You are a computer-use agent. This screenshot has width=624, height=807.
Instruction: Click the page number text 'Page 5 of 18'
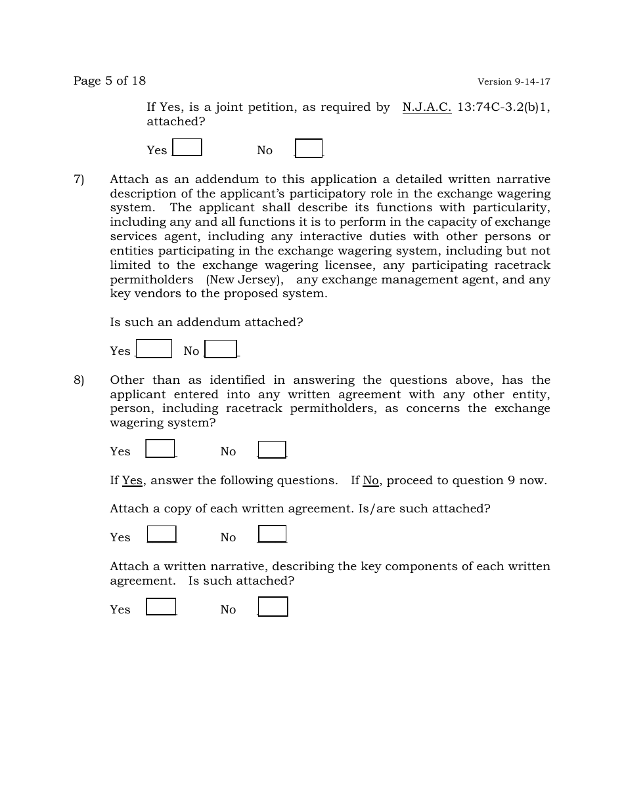click(110, 81)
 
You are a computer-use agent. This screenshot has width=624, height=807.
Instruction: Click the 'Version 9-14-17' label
click(514, 82)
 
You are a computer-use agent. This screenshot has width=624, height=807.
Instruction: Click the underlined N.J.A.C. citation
click(427, 107)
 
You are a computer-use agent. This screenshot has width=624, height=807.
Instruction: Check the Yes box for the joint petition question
click(187, 148)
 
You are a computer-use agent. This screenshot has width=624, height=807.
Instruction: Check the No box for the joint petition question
click(309, 148)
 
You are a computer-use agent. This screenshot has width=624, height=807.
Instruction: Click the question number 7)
click(79, 180)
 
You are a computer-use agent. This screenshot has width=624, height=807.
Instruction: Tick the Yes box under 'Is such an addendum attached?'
click(154, 348)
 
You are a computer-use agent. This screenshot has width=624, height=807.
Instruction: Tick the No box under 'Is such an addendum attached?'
click(221, 349)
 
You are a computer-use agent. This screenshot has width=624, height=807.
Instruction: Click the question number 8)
click(79, 381)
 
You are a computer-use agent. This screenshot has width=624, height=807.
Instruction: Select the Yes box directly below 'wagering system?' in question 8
click(160, 449)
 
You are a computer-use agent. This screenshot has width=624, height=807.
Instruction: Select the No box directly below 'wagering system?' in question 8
click(272, 449)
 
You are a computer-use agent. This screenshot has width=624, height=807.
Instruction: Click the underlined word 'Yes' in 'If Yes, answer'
click(132, 481)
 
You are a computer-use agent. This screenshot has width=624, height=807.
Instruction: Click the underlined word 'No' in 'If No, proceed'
click(370, 481)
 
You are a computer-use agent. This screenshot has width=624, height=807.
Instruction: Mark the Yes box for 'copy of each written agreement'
click(162, 534)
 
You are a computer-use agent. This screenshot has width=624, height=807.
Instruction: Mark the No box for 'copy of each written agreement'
click(272, 534)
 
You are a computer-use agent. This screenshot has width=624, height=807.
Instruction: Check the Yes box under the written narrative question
click(161, 607)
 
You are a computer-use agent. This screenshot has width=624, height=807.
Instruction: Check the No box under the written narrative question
click(273, 607)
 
